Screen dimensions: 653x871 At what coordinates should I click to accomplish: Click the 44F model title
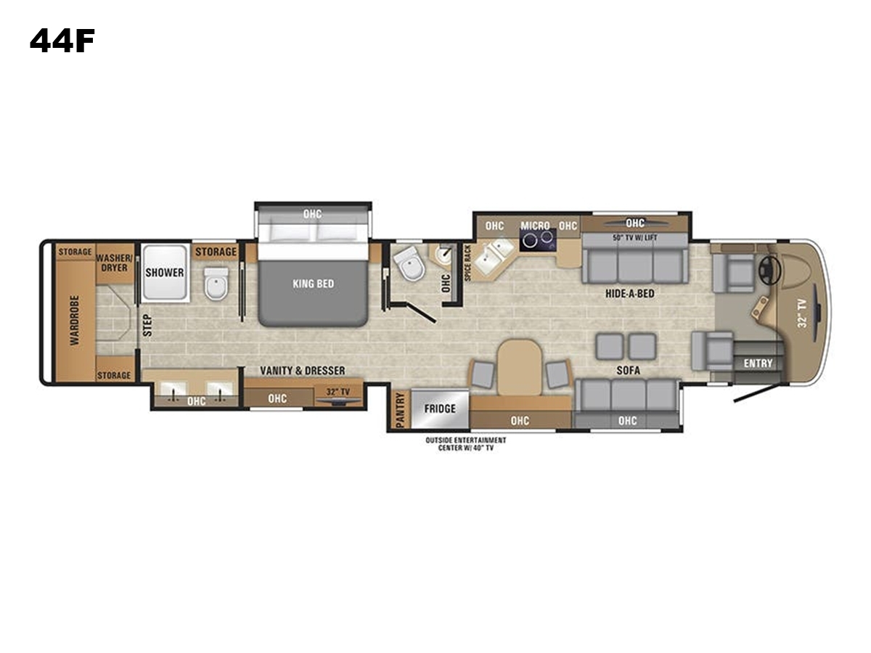62,41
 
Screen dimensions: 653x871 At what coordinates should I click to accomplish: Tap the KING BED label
314,284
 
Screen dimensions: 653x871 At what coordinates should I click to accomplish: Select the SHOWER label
165,273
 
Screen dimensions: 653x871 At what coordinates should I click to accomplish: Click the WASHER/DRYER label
115,263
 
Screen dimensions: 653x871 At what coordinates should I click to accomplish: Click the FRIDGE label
440,408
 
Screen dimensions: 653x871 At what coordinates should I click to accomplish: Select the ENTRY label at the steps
758,364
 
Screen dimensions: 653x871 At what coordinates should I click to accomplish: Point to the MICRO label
535,226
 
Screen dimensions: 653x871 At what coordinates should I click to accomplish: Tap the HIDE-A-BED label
630,294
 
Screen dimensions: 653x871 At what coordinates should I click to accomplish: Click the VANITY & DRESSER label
303,371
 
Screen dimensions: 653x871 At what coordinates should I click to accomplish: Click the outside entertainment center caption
466,444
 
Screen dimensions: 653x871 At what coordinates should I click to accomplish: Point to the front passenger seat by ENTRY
713,351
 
